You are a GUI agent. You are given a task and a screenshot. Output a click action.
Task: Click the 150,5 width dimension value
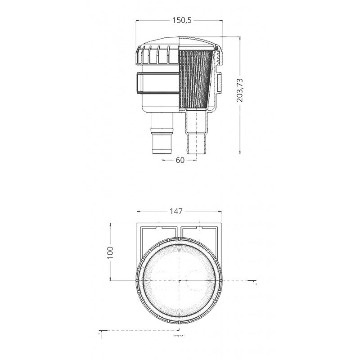(179, 20)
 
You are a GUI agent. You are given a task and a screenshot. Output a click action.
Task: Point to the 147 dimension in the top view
(179, 211)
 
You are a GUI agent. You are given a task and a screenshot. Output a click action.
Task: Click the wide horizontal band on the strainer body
(157, 83)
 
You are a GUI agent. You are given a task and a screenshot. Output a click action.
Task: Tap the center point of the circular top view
(180, 280)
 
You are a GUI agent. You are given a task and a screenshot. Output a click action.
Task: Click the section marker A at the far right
(256, 284)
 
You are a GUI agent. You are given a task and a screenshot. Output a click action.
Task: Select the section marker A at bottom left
(99, 334)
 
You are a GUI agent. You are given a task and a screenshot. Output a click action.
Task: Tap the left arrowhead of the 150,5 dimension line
(138, 20)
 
